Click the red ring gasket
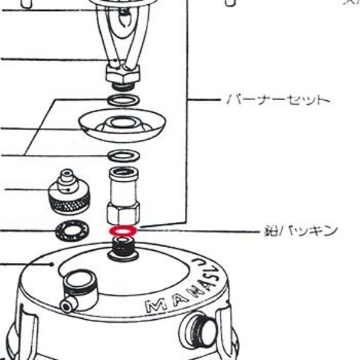tap(122, 230)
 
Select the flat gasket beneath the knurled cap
tap(71, 229)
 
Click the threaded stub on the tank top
tap(122, 248)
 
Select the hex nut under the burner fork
tap(122, 76)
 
